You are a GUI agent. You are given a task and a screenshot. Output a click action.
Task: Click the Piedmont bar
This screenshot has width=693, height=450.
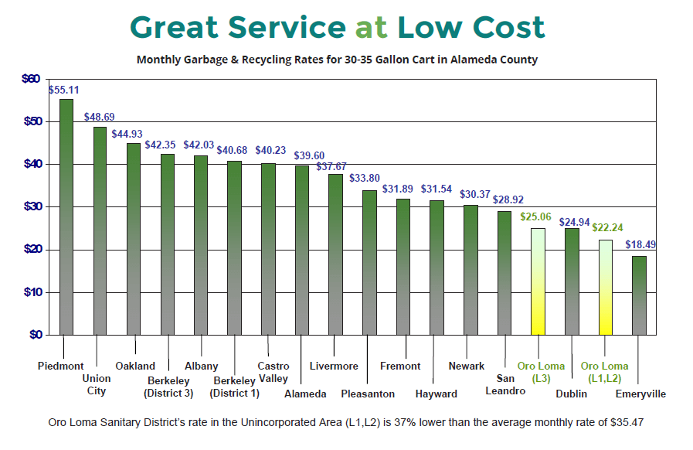tap(66, 216)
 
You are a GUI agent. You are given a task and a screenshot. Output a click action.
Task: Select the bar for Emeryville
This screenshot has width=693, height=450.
tap(639, 295)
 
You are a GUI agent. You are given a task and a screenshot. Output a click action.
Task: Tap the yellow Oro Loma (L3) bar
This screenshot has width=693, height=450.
tap(538, 281)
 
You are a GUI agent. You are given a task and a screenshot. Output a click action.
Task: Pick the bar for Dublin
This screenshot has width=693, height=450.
tap(572, 281)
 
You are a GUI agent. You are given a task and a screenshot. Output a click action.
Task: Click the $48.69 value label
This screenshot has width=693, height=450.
tap(99, 118)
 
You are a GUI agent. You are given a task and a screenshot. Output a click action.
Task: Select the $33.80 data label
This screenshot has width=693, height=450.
tap(365, 178)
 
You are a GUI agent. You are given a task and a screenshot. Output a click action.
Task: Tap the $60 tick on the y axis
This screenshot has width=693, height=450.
tap(31, 79)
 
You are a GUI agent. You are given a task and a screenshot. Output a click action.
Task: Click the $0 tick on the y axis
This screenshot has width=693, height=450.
tap(34, 335)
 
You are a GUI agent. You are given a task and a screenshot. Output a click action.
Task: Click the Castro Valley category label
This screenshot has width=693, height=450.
tap(273, 373)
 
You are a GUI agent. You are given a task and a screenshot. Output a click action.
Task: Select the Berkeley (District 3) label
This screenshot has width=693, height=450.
tap(168, 386)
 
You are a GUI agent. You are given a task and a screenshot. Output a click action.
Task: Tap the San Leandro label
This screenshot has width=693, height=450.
tap(505, 384)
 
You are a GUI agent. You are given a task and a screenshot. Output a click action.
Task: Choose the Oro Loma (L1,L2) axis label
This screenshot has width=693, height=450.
tap(604, 372)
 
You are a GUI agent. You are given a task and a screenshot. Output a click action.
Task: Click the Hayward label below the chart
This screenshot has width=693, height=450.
tap(436, 394)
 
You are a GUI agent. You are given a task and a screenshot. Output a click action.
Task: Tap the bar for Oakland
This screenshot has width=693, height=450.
tap(134, 239)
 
